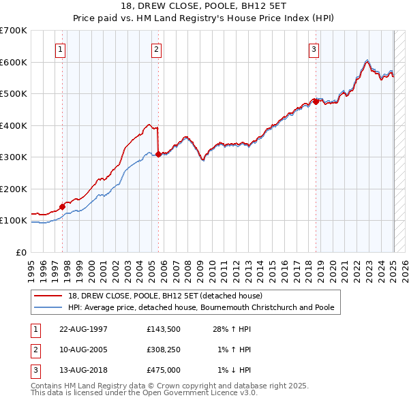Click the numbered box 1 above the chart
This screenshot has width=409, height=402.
pos(61,49)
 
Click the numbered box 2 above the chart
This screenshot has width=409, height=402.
pos(157,49)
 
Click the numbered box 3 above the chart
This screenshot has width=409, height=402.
pos(314,49)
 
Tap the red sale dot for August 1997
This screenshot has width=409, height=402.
pos(62,206)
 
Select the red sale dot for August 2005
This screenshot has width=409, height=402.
pos(158,155)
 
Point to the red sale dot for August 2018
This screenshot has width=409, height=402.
pos(316,102)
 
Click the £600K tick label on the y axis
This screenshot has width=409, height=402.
pos(13,62)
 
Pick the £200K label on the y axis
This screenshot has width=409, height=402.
pos(13,189)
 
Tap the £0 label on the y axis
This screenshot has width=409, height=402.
pos(21,252)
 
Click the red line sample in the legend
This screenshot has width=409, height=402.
pos(49,296)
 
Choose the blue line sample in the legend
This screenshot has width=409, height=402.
pos(49,307)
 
